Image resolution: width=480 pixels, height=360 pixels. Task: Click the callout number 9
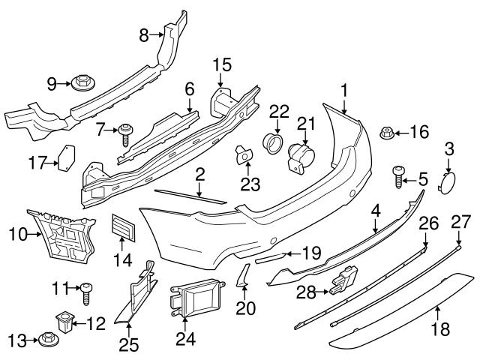(52, 84)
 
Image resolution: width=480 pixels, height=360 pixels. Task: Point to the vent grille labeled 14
(123, 228)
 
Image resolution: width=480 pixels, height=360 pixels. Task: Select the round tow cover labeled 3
(447, 182)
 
